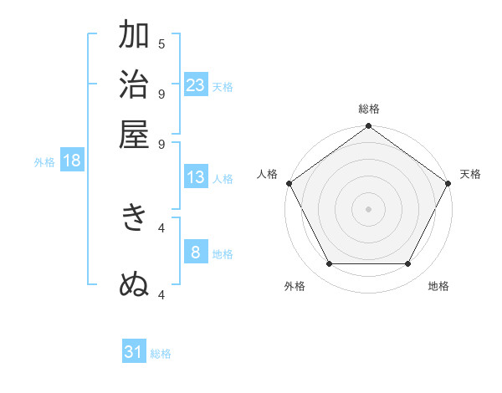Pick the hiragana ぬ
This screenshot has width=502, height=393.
pyautogui.click(x=135, y=285)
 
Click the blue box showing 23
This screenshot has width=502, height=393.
pyautogui.click(x=196, y=84)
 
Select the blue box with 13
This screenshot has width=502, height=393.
pyautogui.click(x=196, y=177)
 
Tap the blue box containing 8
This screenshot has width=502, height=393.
pyautogui.click(x=196, y=252)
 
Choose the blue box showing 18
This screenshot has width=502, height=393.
pyautogui.click(x=72, y=161)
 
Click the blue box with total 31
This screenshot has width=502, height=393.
pyautogui.click(x=134, y=352)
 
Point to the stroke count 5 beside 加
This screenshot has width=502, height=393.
pyautogui.click(x=161, y=43)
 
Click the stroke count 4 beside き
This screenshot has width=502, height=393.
pyautogui.click(x=161, y=227)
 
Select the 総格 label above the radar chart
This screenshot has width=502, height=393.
pyautogui.click(x=368, y=109)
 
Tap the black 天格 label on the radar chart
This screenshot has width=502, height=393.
pyautogui.click(x=470, y=174)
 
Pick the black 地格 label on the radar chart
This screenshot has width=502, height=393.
pyautogui.click(x=438, y=286)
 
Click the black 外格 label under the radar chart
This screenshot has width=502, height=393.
pyautogui.click(x=295, y=286)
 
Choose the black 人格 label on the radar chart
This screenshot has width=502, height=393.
pyautogui.click(x=268, y=174)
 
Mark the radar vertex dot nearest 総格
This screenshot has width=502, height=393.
pyautogui.click(x=368, y=127)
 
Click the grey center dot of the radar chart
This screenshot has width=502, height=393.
pyautogui.click(x=368, y=208)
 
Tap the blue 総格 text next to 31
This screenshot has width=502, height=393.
pyautogui.click(x=161, y=354)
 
